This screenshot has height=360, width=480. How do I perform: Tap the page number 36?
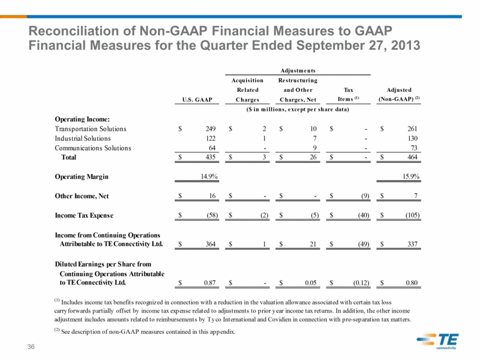(31, 347)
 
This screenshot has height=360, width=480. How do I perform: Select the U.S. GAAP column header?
(197, 99)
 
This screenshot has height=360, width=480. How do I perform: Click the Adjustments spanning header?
(298, 70)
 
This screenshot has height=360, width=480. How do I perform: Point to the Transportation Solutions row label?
(91, 129)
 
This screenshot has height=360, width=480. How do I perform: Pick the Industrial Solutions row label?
(83, 138)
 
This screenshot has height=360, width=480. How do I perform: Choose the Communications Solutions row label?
(93, 148)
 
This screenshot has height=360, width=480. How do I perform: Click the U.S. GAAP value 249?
(211, 129)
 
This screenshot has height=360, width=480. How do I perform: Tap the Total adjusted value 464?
(412, 157)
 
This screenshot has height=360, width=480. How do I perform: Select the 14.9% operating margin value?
(209, 176)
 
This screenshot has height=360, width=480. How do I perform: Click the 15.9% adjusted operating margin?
(411, 176)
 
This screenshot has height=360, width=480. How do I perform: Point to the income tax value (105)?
(412, 215)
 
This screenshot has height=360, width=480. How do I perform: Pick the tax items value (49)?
(364, 244)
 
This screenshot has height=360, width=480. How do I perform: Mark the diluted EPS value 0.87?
(210, 283)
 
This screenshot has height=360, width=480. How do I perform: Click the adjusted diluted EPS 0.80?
(412, 283)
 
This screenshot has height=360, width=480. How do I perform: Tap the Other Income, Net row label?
(82, 196)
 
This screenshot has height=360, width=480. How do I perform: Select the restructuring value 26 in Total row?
(313, 157)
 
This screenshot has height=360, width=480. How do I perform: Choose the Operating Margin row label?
(82, 177)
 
